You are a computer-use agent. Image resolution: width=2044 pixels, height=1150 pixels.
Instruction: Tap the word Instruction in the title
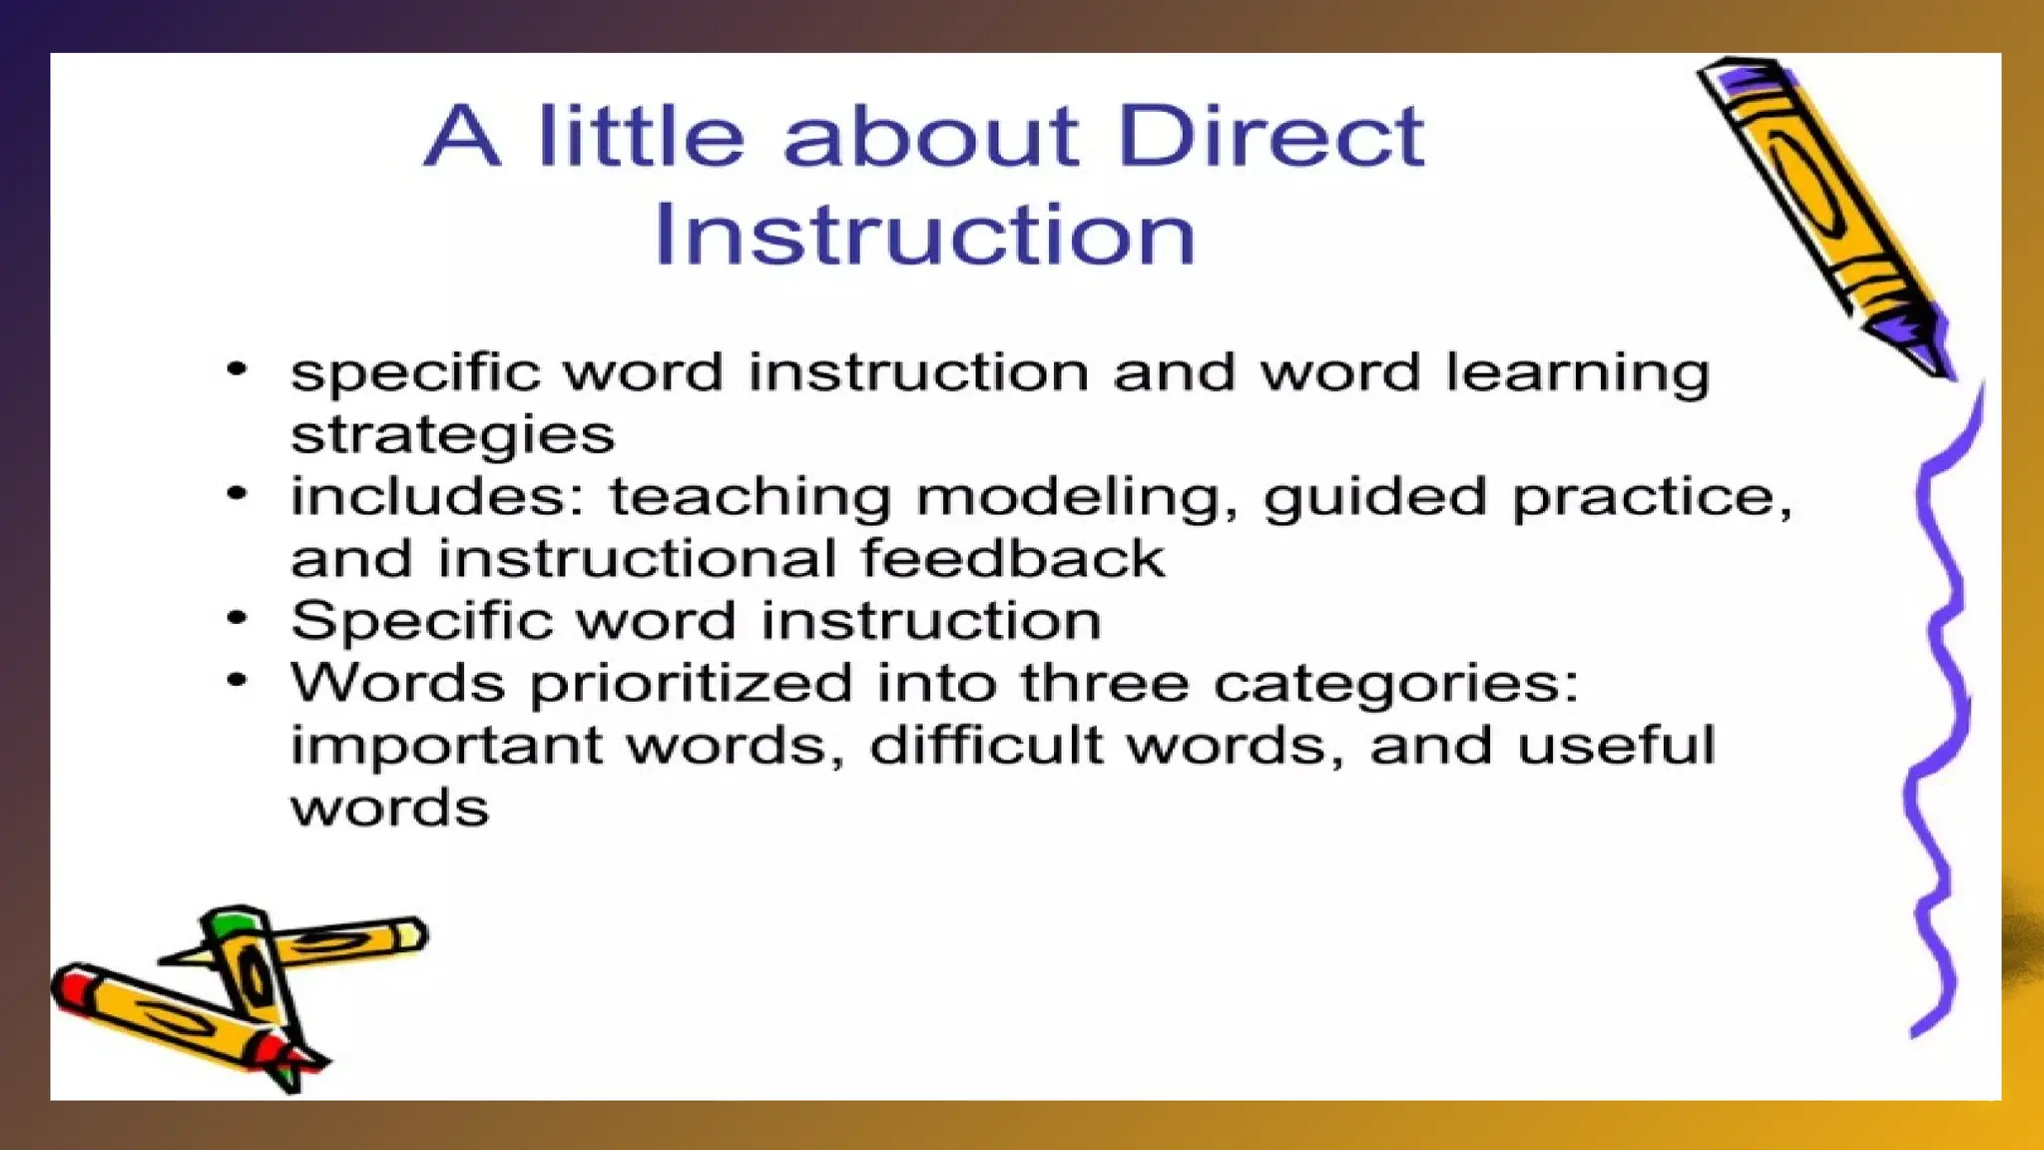[924, 235]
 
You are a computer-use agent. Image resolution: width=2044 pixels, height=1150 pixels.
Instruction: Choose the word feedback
[1012, 558]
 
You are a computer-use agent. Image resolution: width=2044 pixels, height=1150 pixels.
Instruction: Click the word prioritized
[691, 684]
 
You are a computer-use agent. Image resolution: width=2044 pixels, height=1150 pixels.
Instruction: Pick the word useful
[1615, 746]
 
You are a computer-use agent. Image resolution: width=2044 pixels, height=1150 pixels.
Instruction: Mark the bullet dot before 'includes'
[237, 493]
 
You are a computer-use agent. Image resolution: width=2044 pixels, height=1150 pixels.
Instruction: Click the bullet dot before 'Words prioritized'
[237, 681]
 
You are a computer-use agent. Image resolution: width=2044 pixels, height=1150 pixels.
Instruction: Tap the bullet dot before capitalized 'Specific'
[237, 618]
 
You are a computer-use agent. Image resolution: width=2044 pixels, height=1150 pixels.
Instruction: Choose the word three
[1104, 684]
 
